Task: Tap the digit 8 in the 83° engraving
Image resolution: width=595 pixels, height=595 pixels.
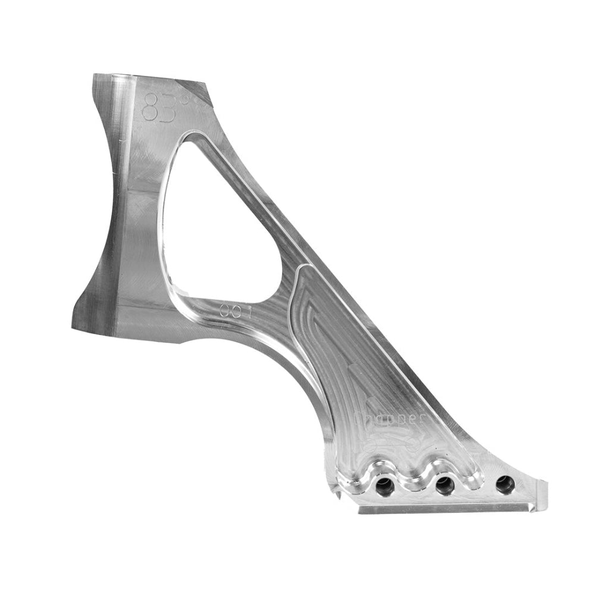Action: pos(146,105)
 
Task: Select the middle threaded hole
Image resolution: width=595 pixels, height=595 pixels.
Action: pos(444,486)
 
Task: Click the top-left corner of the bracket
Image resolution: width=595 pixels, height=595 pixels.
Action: pos(95,77)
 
